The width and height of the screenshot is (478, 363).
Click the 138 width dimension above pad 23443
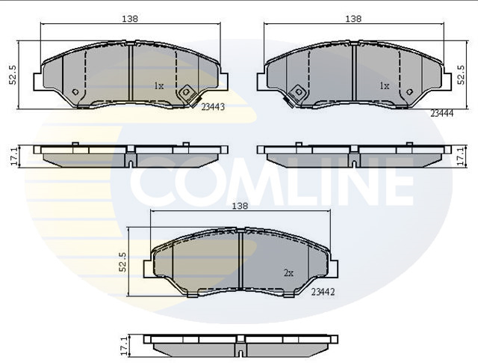point(130,19)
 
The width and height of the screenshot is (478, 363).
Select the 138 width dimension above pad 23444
point(353,19)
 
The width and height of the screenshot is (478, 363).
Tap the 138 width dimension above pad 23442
point(240,207)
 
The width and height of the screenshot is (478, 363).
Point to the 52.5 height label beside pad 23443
point(13,74)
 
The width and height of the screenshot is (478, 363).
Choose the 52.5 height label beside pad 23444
point(461,75)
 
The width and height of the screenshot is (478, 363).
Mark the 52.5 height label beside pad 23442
point(122,262)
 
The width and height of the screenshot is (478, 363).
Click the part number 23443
point(213,107)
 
